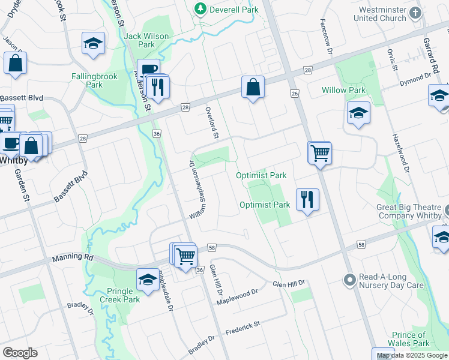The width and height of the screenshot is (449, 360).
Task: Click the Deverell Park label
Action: pos(234,10)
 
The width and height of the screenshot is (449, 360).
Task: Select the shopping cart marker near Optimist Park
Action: pos(320,153)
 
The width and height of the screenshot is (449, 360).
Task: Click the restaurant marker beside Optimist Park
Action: pos(307,199)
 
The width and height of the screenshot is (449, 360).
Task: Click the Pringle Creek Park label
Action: pos(119,295)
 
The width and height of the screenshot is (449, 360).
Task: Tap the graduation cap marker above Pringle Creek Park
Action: pos(147,280)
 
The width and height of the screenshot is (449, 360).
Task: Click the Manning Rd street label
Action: pos(73,258)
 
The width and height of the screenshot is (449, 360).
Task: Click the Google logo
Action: pos(20,353)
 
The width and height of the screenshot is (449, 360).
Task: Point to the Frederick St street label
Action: pos(243,327)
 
